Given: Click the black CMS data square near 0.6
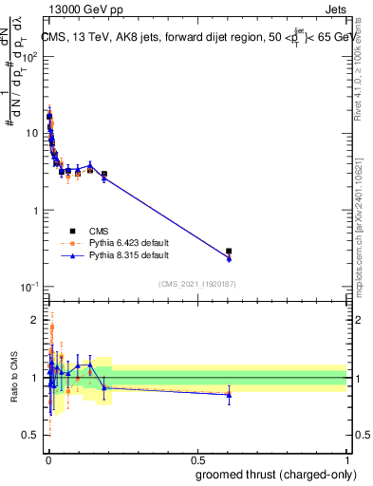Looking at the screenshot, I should click(x=229, y=252).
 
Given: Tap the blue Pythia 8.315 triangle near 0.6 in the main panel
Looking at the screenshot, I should click(x=229, y=257).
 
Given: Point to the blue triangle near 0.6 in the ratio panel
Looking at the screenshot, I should click(x=229, y=394).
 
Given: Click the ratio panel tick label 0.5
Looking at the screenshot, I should click(x=32, y=436).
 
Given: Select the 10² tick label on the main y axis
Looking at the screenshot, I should click(x=31, y=56).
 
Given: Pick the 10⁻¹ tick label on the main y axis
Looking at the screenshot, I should click(x=31, y=287).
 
